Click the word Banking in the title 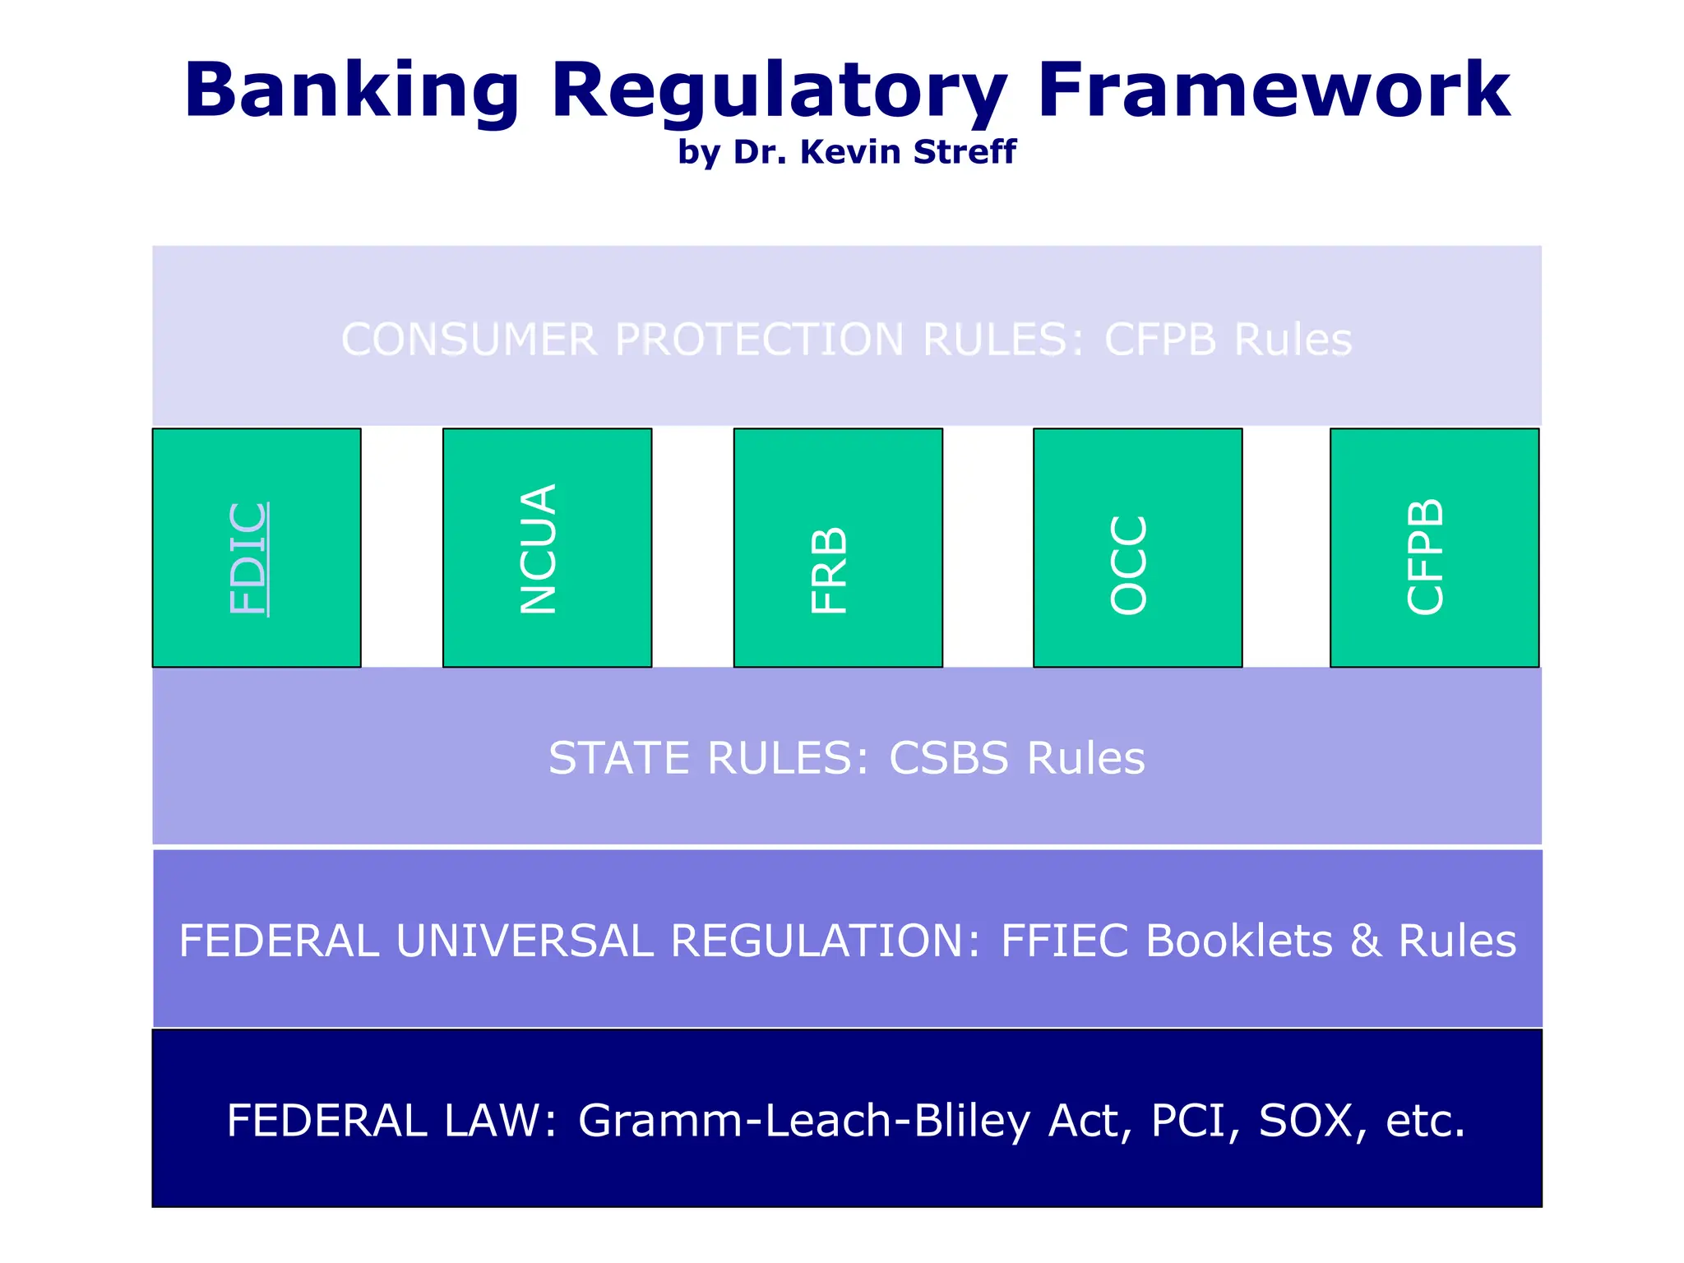click(352, 90)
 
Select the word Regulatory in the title click(778, 90)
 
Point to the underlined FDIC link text click(249, 558)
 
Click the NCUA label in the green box click(539, 548)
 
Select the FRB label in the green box click(829, 570)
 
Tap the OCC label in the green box click(1128, 564)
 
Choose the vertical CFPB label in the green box click(1425, 557)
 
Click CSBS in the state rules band click(948, 758)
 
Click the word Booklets click(1238, 941)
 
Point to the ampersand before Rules click(1365, 941)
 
